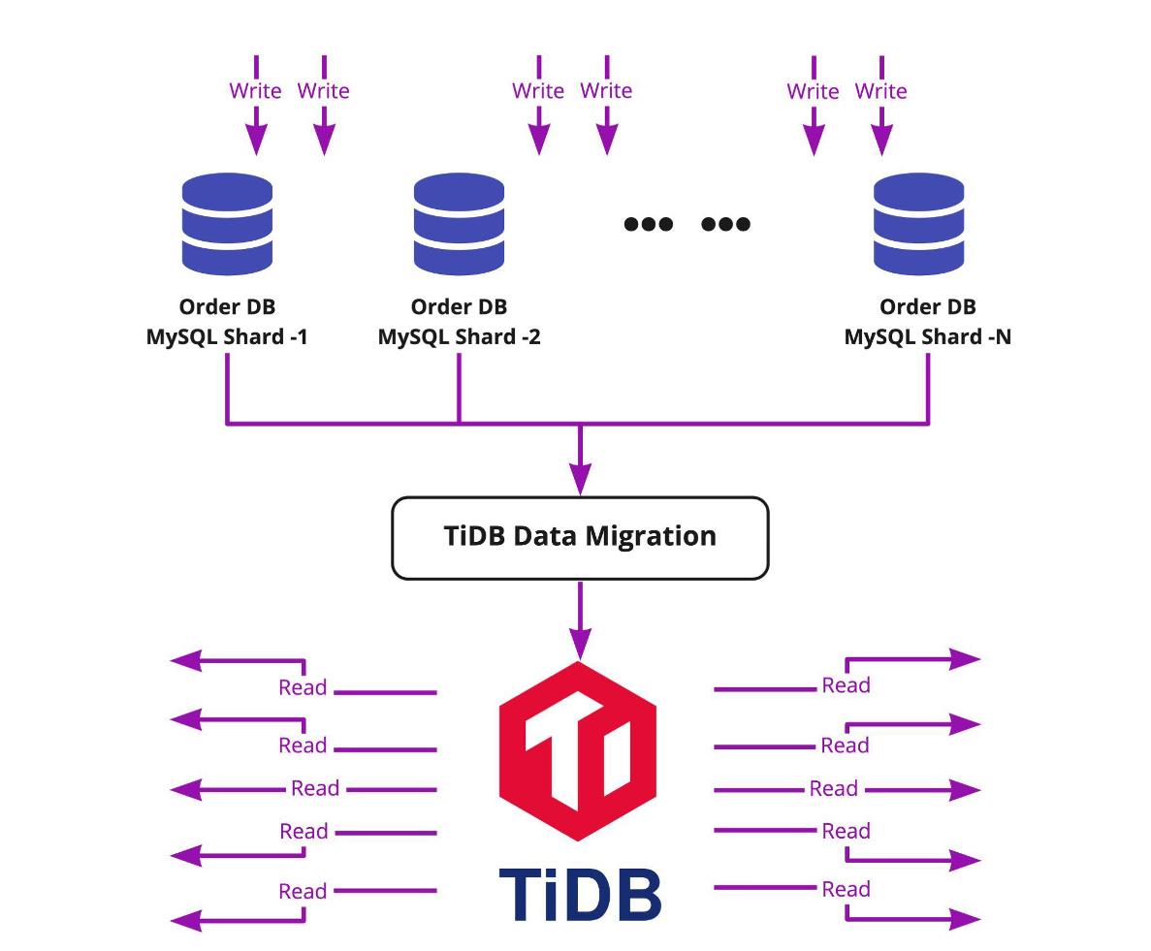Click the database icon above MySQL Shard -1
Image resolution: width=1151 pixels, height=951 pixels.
227,223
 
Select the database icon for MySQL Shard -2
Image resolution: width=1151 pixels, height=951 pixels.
459,223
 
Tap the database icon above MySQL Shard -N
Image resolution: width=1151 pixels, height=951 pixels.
918,223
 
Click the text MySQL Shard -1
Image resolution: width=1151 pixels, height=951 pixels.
227,337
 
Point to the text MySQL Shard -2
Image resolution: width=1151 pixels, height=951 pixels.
459,337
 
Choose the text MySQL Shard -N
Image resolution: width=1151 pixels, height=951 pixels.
927,337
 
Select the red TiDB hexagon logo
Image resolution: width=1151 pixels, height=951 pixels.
578,750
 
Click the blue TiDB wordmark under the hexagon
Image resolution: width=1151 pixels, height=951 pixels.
580,894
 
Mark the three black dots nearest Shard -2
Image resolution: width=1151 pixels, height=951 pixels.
648,224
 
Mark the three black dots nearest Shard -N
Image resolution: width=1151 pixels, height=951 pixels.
725,224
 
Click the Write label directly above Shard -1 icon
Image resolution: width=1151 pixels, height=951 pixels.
255,91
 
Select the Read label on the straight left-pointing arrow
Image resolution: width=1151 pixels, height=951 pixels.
314,788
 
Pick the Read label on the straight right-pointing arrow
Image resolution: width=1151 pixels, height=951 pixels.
833,789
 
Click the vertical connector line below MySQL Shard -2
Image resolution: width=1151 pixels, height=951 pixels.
459,388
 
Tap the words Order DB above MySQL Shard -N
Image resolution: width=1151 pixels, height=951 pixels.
927,306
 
